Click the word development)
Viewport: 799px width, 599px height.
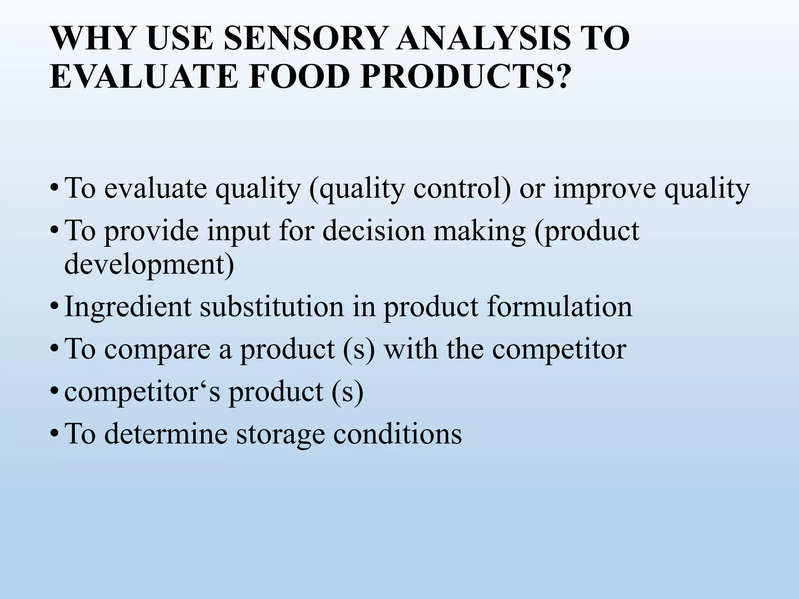pyautogui.click(x=149, y=266)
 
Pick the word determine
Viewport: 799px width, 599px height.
pyautogui.click(x=166, y=434)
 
